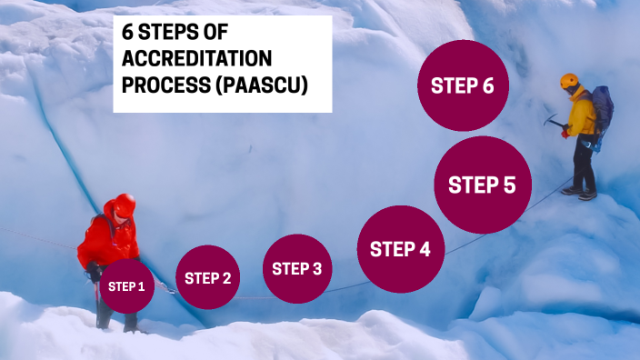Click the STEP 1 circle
click(126, 286)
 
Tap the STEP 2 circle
click(208, 278)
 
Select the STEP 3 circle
click(297, 267)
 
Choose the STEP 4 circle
click(400, 249)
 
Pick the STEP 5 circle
click(482, 185)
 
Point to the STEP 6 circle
click(462, 86)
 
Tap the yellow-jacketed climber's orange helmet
click(570, 81)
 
